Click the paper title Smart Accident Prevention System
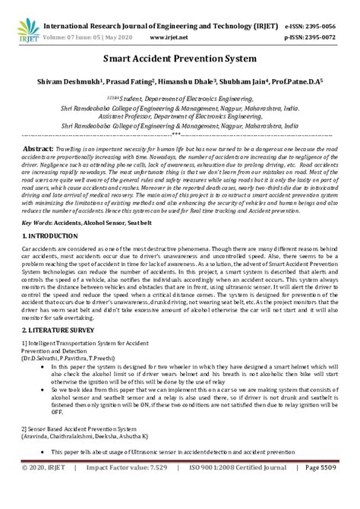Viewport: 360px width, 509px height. [x=180, y=58]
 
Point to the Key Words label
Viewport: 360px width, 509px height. [x=36, y=223]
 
